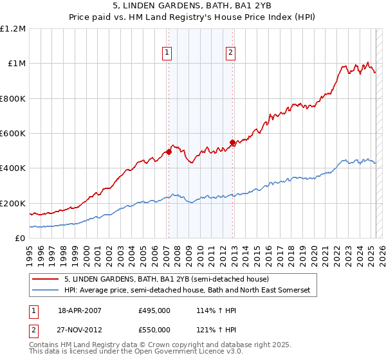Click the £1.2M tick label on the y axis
(x=13, y=29)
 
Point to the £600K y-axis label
(x=13, y=134)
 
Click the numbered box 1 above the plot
(x=167, y=53)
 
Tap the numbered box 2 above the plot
(x=230, y=53)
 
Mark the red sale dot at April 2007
(x=169, y=152)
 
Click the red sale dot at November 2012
(x=232, y=142)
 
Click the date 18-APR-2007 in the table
(x=80, y=310)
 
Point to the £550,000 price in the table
(x=154, y=330)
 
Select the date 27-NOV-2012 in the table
(x=80, y=330)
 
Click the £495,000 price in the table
(x=154, y=310)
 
